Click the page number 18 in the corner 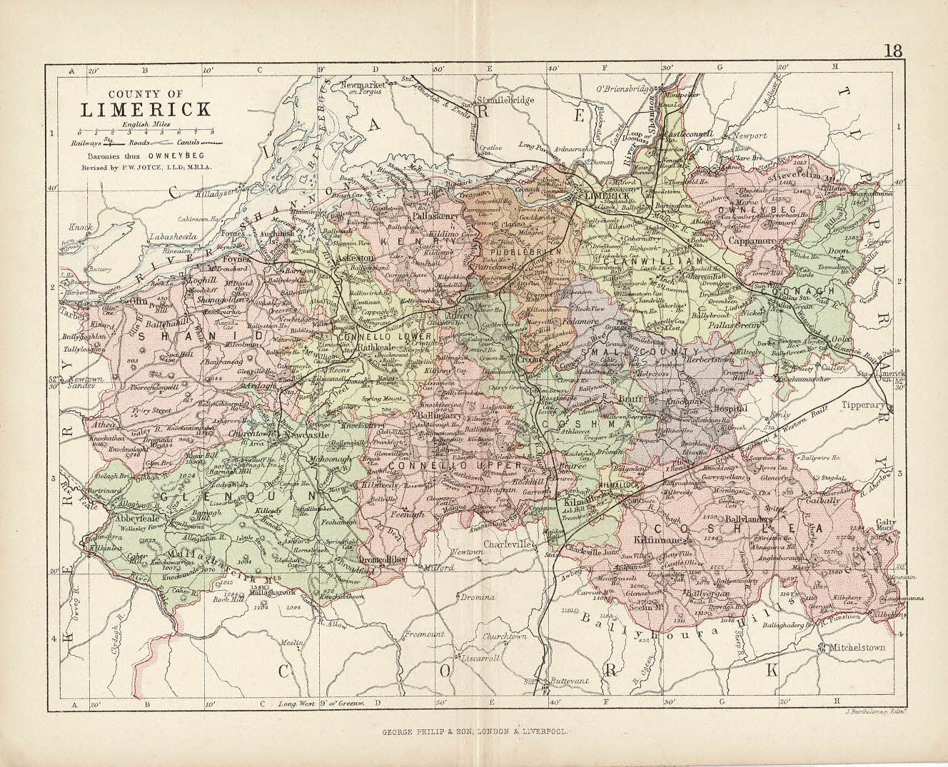[894, 51]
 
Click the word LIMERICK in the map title [145, 110]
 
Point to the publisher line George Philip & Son [475, 731]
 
